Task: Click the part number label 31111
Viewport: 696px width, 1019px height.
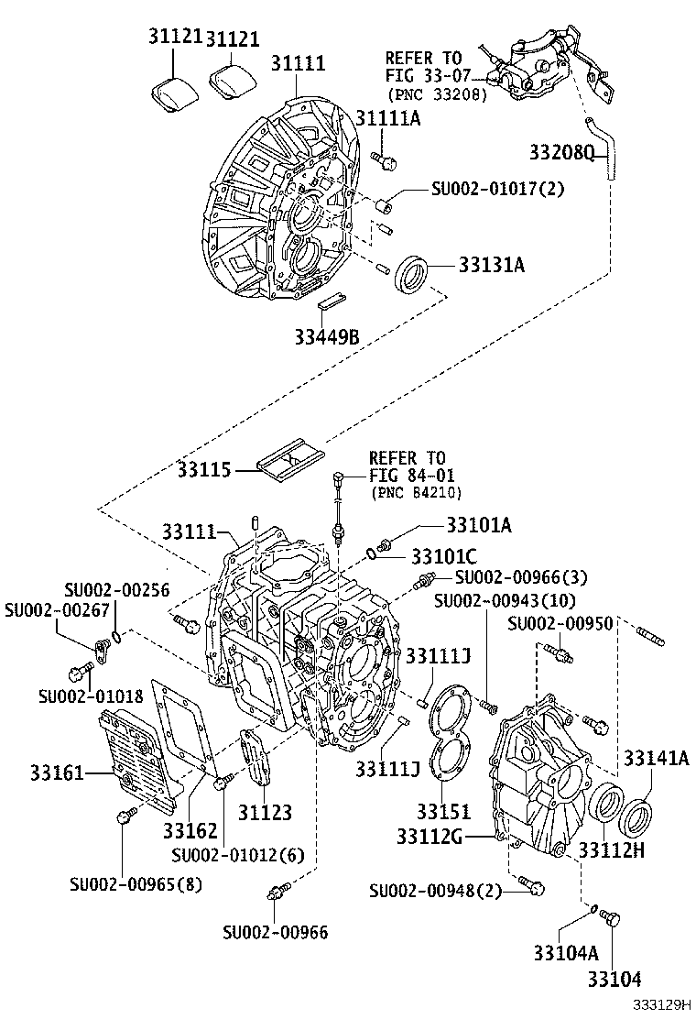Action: pyautogui.click(x=299, y=63)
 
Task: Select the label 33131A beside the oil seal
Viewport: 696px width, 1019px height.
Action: pyautogui.click(x=492, y=265)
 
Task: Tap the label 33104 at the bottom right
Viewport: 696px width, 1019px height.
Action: pyautogui.click(x=614, y=979)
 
